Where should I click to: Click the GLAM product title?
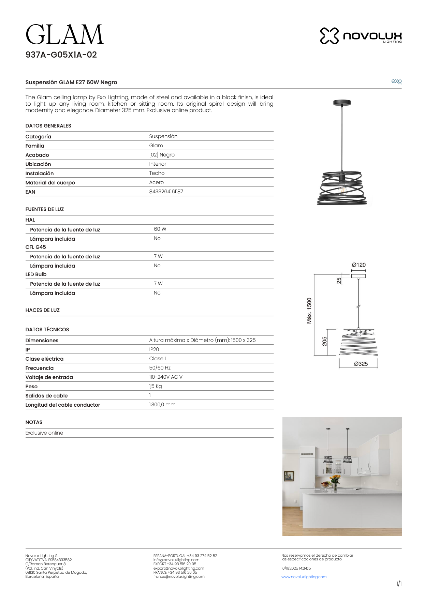(x=64, y=35)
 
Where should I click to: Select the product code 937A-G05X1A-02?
(x=61, y=55)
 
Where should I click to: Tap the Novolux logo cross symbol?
(x=329, y=36)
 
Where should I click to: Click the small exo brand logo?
(x=396, y=81)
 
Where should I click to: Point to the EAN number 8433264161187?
(x=166, y=192)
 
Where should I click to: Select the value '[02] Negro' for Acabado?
(x=162, y=155)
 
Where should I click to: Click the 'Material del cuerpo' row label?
(x=50, y=183)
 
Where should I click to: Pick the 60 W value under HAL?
(x=160, y=229)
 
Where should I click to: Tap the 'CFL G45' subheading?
(x=35, y=247)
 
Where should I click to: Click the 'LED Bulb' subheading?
(x=36, y=274)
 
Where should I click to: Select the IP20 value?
(x=154, y=349)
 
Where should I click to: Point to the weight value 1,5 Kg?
(x=155, y=386)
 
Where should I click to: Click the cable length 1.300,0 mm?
(x=162, y=405)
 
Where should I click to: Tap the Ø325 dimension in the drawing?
(x=361, y=364)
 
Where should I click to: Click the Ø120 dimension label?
(x=359, y=265)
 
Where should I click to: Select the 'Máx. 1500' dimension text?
(x=309, y=311)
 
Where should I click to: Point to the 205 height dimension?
(x=324, y=341)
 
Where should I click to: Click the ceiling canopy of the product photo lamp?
(x=342, y=102)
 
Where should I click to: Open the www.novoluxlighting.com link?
(x=304, y=577)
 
